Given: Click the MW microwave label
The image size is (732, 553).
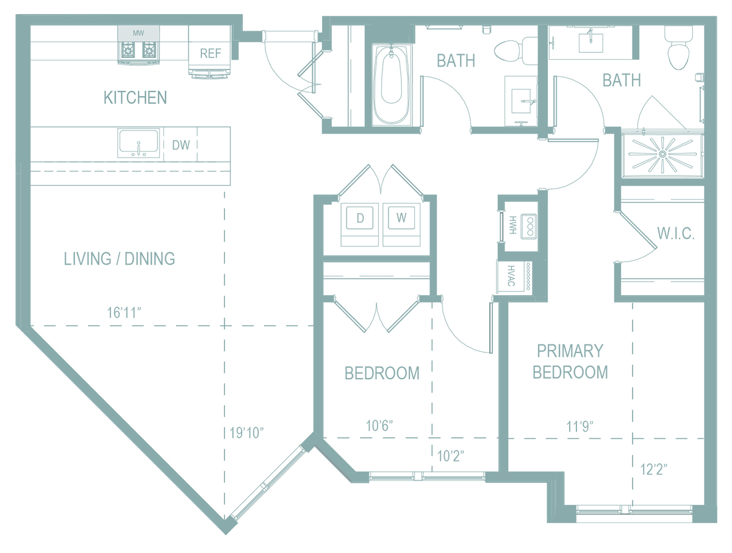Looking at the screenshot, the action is pos(138,33).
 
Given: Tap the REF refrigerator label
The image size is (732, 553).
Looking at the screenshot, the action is pos(210,53).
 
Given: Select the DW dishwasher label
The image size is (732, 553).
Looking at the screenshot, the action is pos(181,145).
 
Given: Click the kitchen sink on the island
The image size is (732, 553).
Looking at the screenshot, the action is pos(138,143).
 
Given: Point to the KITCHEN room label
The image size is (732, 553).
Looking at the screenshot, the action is pos(135,98).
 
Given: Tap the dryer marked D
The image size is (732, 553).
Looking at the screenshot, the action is pos(359,224).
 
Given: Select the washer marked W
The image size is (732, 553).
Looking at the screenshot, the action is pos(401,224).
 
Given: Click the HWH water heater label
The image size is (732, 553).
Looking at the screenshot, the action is pos(512,225).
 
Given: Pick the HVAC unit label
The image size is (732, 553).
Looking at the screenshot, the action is pos(511,276).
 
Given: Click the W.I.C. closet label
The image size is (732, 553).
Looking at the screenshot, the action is pos(676,234).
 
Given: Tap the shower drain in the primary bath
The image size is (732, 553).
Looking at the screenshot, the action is pos(662,154).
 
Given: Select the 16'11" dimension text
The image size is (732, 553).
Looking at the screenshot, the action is pos(124,313).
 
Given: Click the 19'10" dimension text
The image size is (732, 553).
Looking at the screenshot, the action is pos(246,433).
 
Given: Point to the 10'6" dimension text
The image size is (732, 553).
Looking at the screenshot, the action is pos(379,426).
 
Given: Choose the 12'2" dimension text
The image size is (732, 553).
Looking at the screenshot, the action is pos(654,469).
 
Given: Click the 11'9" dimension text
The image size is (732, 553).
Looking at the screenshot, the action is pos(580,426).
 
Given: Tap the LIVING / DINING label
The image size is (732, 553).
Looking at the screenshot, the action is pos(120,259).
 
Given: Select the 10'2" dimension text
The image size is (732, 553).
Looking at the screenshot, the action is pos(451,456).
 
